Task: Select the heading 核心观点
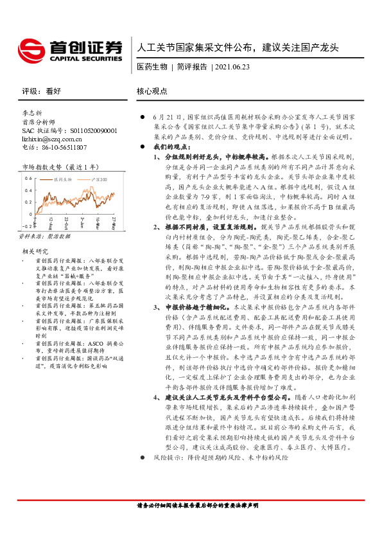152,91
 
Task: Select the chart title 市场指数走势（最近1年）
56,167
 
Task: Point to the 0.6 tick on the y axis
28,178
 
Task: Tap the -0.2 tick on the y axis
26,226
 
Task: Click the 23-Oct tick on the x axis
65,222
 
